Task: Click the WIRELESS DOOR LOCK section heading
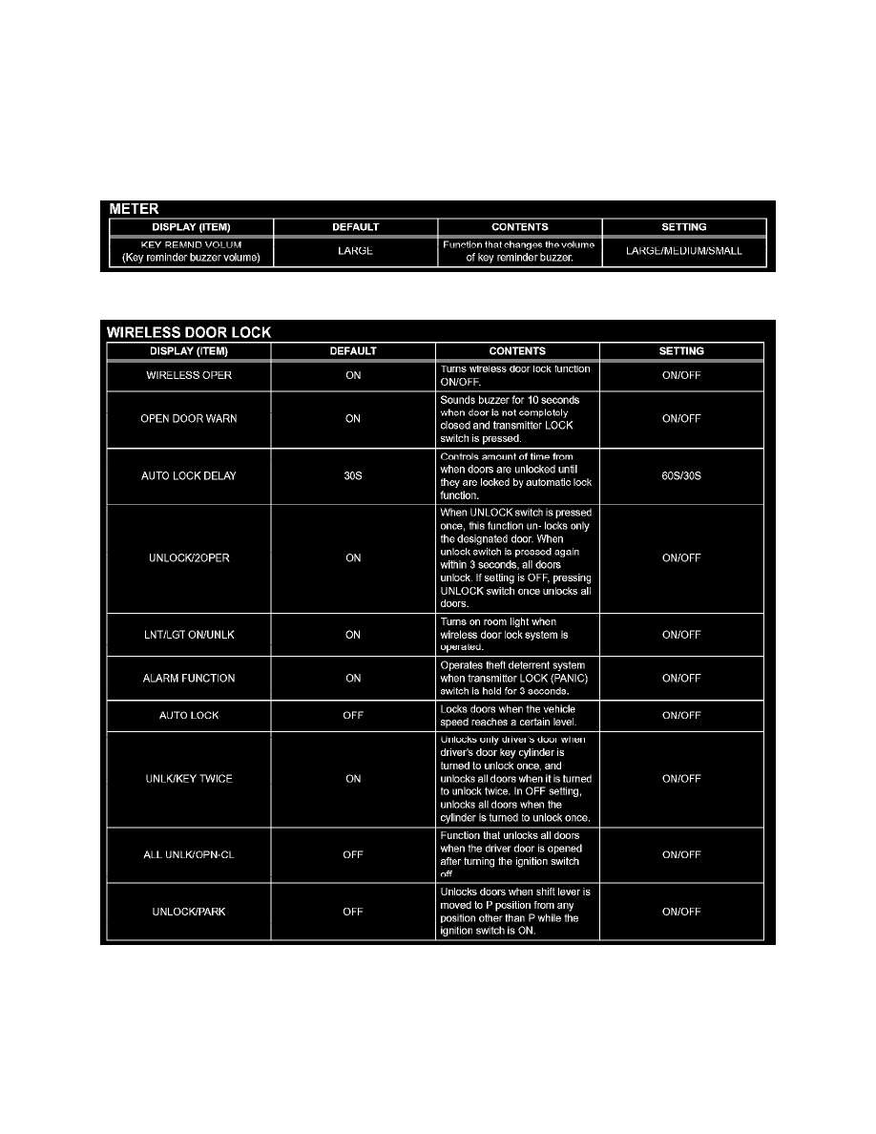(x=187, y=332)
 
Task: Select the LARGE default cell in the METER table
(x=355, y=251)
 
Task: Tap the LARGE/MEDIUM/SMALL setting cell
(x=683, y=251)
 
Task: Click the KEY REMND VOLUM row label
(x=191, y=251)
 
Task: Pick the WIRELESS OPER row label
(x=189, y=375)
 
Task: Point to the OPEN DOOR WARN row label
(x=189, y=419)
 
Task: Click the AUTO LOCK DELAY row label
(x=189, y=475)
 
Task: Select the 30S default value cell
(x=353, y=475)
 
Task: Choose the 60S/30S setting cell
(x=681, y=475)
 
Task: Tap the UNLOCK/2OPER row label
(x=189, y=558)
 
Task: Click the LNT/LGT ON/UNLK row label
(x=189, y=635)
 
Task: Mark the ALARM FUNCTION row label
(x=189, y=679)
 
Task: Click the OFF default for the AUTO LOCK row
(x=353, y=716)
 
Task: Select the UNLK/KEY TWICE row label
(x=189, y=779)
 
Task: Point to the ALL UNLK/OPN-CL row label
(x=189, y=854)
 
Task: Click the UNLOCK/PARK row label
(x=189, y=912)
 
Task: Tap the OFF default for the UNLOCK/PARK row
(x=353, y=912)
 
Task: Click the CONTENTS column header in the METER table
(x=519, y=227)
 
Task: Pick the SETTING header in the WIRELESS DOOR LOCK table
(x=681, y=351)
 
